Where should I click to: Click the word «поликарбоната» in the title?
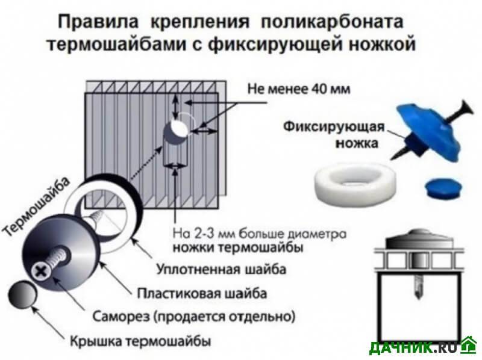(x=332, y=22)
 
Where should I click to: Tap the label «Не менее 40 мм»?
(x=299, y=89)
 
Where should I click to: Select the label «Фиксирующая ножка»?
(x=334, y=134)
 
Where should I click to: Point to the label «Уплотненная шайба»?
(x=221, y=269)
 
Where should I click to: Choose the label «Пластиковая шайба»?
(x=202, y=293)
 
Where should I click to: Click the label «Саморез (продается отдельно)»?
(x=194, y=317)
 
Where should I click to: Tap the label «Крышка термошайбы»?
(x=140, y=341)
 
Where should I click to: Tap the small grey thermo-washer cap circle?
(x=22, y=294)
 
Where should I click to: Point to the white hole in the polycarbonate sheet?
(x=179, y=128)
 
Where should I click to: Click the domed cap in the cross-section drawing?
(x=419, y=238)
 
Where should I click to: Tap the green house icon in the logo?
(x=469, y=346)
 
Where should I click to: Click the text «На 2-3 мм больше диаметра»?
(x=260, y=234)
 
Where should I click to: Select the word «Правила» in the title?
(x=98, y=22)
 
